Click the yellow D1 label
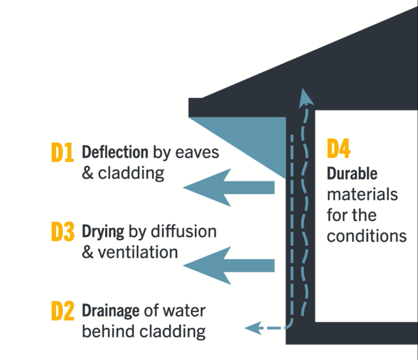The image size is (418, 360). click(62, 153)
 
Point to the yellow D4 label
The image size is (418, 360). click(339, 149)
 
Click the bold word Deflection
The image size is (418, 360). click(115, 152)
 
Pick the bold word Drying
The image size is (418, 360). click(103, 232)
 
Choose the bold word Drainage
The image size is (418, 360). click(112, 311)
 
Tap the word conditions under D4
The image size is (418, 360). click(367, 237)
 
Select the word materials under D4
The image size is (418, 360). click(362, 194)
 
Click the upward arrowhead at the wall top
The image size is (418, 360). click(303, 97)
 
